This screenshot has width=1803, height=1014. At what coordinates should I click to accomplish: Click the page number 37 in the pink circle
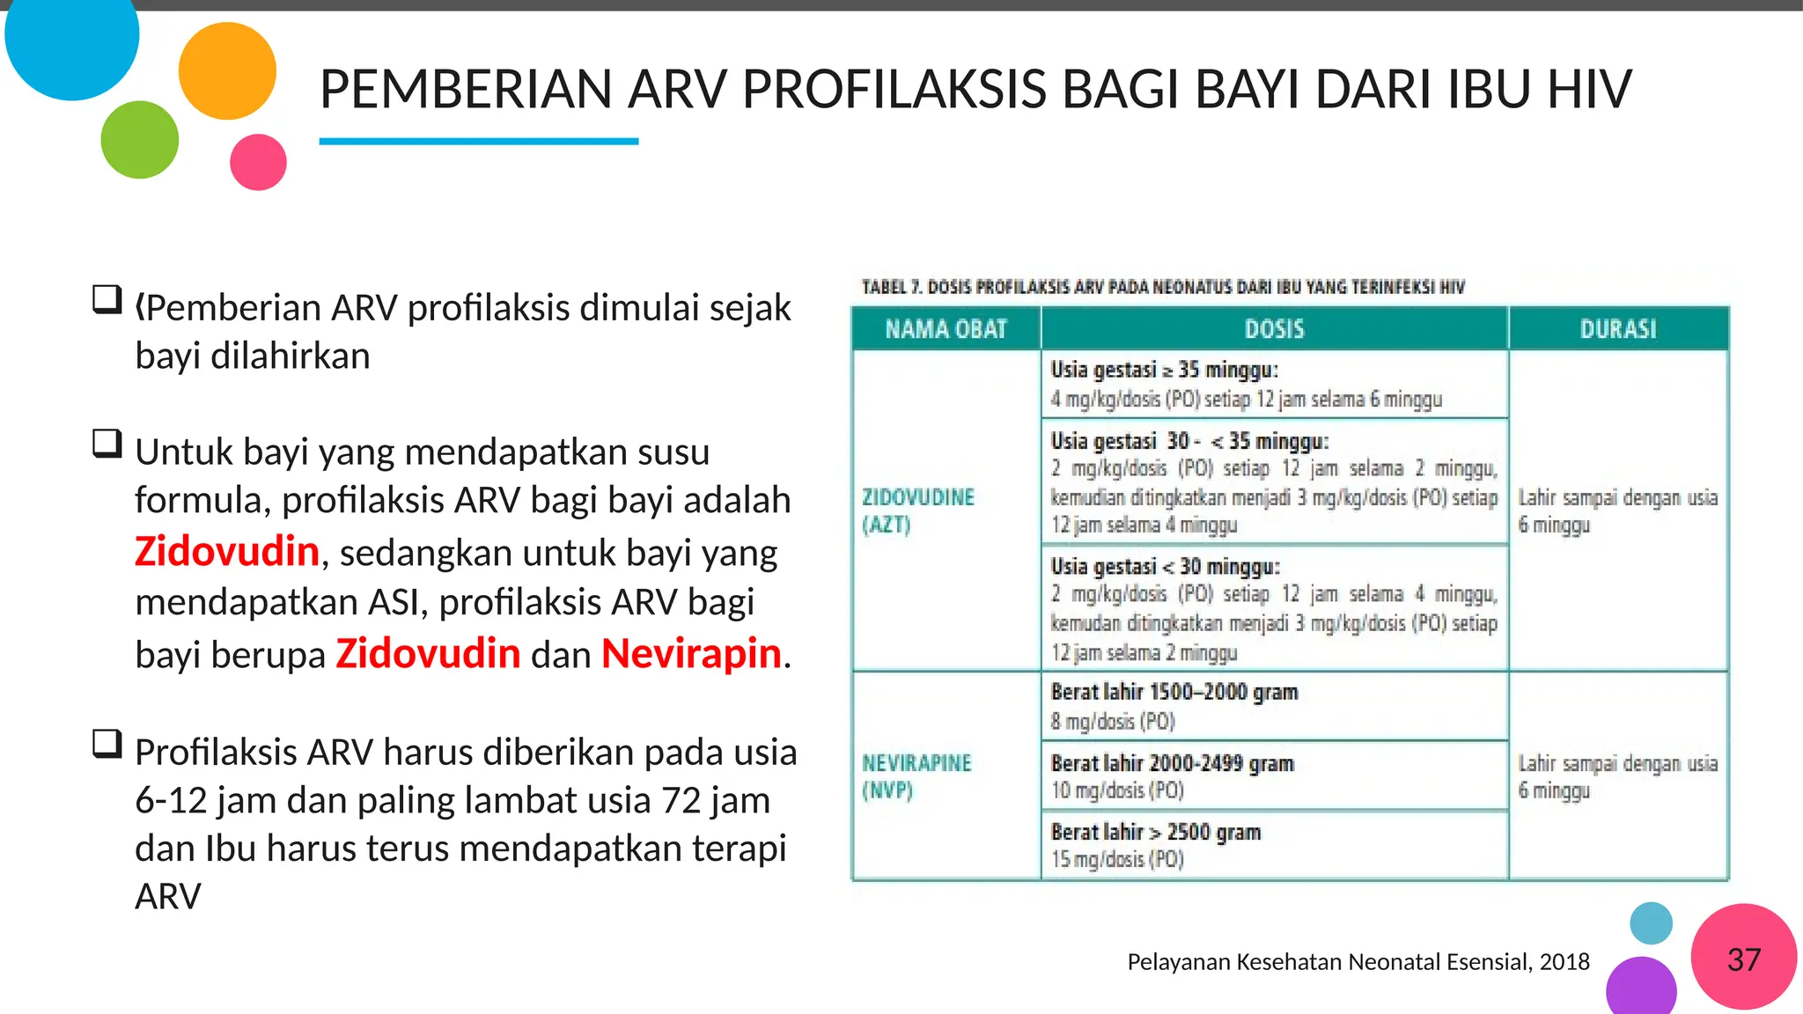1743,959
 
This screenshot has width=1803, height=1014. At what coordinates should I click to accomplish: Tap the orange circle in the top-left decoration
227,70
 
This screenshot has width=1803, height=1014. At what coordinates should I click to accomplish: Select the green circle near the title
139,140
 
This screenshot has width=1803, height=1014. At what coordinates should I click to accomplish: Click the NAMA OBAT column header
946,329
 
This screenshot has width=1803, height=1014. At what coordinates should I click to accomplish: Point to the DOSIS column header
1274,329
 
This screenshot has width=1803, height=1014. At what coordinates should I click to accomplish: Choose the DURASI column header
1617,329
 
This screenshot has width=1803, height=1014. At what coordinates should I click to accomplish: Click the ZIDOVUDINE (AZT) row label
917,511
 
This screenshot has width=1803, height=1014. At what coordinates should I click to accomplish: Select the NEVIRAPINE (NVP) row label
916,776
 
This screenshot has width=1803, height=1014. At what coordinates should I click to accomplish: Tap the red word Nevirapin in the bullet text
691,654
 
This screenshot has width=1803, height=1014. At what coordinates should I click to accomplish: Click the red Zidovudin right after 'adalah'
227,552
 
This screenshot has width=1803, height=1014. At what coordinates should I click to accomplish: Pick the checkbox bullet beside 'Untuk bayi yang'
107,444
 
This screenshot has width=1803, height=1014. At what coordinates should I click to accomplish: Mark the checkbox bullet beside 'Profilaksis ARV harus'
107,745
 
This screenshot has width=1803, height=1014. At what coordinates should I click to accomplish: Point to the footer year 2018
1564,962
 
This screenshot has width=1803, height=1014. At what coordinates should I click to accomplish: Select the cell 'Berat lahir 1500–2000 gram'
1174,692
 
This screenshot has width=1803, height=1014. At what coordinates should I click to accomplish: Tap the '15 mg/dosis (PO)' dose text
1116,859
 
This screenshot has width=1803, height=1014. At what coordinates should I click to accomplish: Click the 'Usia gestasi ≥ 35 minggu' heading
1163,370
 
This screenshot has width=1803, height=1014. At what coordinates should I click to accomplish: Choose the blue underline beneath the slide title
478,141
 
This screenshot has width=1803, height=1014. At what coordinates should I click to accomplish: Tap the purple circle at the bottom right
1640,988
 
